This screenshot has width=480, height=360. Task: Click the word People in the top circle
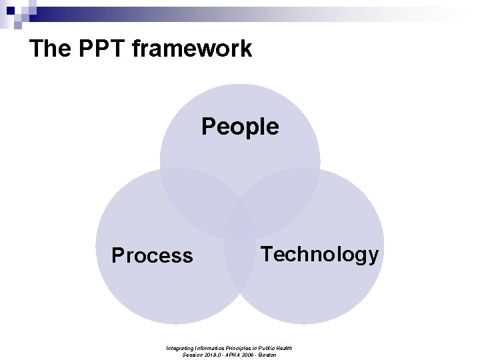240,126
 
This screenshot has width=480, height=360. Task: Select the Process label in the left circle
152,255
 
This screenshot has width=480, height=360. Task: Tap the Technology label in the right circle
319,254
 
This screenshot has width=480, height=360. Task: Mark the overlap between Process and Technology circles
240,267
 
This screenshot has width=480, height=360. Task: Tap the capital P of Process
118,255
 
